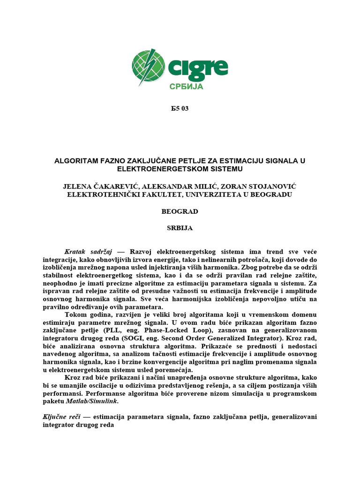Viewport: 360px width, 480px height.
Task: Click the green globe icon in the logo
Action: (x=148, y=67)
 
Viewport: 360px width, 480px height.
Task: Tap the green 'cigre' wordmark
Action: (x=197, y=68)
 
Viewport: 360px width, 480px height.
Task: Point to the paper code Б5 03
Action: (x=180, y=109)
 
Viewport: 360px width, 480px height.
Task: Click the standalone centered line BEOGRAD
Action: (x=180, y=211)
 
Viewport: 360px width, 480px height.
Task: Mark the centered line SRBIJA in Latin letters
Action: (x=180, y=228)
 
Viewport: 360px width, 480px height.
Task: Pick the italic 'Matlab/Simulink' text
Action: (x=94, y=401)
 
